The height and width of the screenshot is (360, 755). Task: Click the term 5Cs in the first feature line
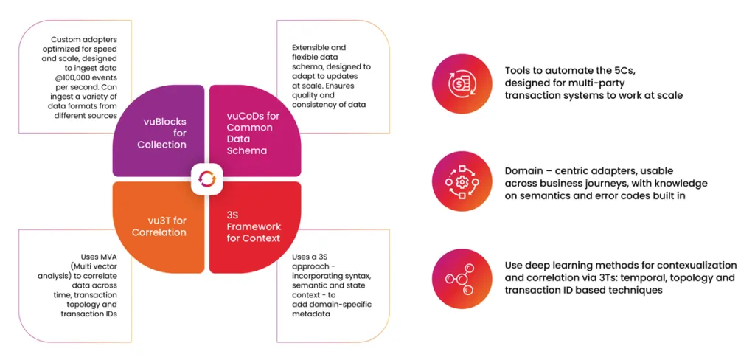(619, 69)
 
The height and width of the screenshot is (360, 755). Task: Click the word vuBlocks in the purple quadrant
(161, 121)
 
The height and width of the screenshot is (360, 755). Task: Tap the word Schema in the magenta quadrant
(245, 150)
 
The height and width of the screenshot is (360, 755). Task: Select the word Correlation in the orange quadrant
(158, 232)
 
